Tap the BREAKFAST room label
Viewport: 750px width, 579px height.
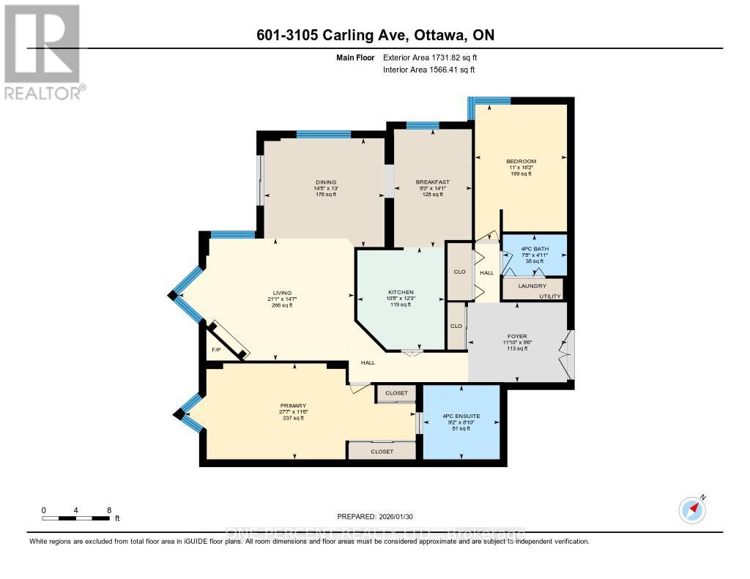click(432, 182)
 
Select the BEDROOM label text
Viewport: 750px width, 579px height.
click(521, 162)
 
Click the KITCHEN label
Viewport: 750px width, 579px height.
click(401, 291)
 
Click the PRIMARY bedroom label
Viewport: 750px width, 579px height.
click(292, 406)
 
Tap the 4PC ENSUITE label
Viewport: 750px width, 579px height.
click(461, 416)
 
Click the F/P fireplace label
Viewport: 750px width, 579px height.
click(216, 350)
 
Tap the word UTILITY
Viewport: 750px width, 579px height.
click(550, 296)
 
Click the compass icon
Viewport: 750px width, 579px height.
click(691, 509)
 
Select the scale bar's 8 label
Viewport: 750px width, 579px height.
click(108, 510)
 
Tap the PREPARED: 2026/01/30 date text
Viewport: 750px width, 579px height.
click(375, 515)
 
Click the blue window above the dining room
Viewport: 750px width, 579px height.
click(323, 134)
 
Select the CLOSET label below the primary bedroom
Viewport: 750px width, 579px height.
click(382, 452)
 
